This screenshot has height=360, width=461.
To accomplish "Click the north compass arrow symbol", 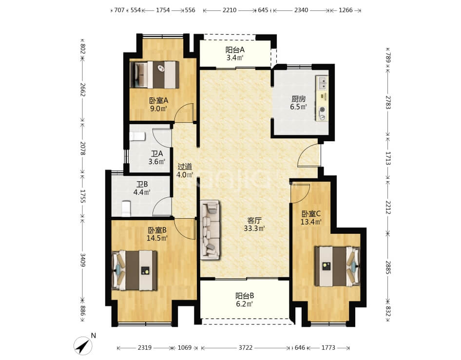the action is tap(83, 346).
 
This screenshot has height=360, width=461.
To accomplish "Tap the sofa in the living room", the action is tap(210, 230).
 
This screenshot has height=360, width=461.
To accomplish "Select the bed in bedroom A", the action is tap(154, 75).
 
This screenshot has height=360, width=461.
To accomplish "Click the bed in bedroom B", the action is tap(134, 270).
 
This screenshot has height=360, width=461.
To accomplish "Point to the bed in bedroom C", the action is tap(337, 266).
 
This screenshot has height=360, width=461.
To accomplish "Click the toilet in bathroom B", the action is tap(126, 208).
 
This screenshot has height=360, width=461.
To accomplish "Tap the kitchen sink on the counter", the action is tap(322, 83).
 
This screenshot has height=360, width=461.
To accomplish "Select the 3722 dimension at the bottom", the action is tap(246, 348).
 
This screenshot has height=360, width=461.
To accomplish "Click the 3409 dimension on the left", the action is tap(83, 260).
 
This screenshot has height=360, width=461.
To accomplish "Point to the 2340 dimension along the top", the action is tap(301, 10).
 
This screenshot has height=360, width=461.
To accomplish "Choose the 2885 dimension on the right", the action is tap(388, 267).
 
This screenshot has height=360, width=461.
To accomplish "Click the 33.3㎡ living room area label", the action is tap(254, 228).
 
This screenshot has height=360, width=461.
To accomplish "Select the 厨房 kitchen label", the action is tap(298, 99).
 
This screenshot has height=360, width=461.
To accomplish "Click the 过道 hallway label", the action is tap(185, 167).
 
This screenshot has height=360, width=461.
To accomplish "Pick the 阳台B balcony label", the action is tap(245, 296).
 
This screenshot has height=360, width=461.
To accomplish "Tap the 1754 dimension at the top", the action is tap(163, 10).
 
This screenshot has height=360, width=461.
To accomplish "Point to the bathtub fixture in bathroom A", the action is tap(137, 136).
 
